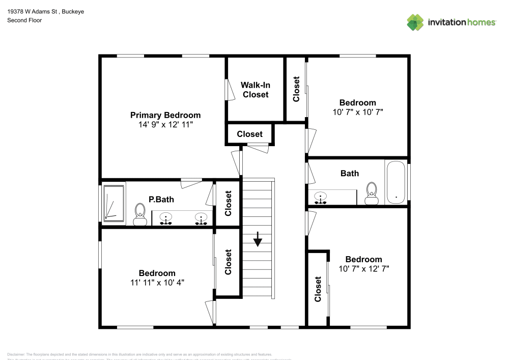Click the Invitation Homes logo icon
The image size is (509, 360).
(x=415, y=22)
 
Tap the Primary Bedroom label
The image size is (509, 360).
(x=165, y=115)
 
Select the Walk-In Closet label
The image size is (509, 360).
(x=255, y=90)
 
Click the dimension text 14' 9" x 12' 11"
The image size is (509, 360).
(x=165, y=124)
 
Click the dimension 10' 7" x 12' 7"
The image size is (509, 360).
(x=364, y=268)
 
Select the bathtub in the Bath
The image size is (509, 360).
(x=395, y=182)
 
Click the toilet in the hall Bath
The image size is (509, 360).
(x=372, y=193)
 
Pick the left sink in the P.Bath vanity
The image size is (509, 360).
(x=165, y=218)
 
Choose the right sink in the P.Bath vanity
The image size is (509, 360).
(x=202, y=218)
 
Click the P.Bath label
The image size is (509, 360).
(x=161, y=200)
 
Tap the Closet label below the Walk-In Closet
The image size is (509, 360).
(x=249, y=134)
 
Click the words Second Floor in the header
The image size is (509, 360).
(x=24, y=20)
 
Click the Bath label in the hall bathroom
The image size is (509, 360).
(x=349, y=173)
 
